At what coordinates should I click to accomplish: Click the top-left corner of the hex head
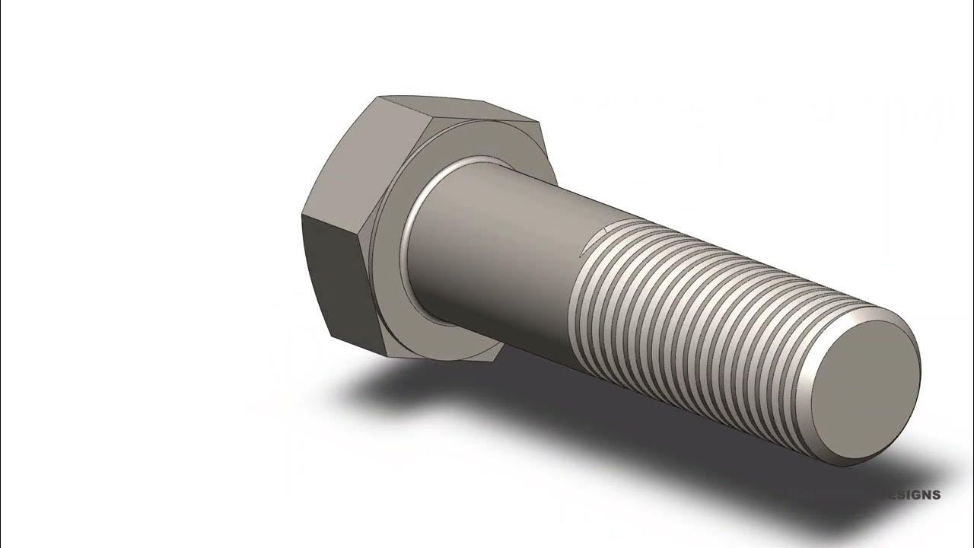(378, 97)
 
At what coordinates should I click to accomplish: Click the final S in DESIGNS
(936, 495)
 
